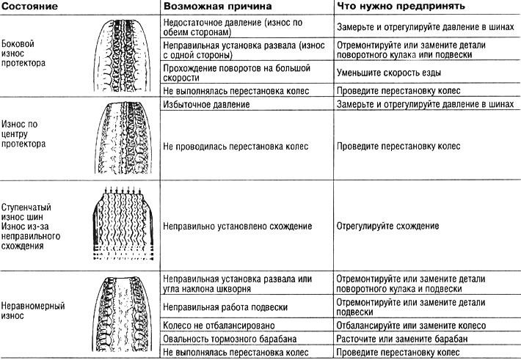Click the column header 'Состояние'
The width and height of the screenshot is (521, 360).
pos(29,7)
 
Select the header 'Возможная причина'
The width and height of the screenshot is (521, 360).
pos(218,7)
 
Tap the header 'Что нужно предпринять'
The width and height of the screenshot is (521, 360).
pos(401,7)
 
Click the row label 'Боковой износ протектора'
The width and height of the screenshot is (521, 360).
pos(23,53)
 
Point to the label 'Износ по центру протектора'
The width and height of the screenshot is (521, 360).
pos(23,134)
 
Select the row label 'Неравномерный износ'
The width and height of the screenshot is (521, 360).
pos(33,311)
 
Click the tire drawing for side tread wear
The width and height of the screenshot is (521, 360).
pos(122,55)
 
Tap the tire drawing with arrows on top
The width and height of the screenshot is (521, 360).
pos(123,223)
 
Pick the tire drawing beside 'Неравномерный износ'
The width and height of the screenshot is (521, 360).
pos(122,314)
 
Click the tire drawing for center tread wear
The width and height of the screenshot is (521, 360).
pos(123,138)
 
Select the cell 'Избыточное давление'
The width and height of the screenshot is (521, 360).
pos(206,104)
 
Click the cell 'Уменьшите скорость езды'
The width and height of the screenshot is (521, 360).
pos(389,73)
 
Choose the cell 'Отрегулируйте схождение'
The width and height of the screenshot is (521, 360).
pos(387,226)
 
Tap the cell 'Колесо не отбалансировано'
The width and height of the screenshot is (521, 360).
pos(219,326)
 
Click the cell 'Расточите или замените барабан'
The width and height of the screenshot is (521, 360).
pos(402,339)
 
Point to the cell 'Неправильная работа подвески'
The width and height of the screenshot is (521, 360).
pos(225,307)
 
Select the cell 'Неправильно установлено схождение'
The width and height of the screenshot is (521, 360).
pos(237,226)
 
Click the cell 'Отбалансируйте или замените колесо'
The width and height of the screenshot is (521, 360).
pos(411,326)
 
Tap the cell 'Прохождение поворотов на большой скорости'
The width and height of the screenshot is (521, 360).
pos(236,73)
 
